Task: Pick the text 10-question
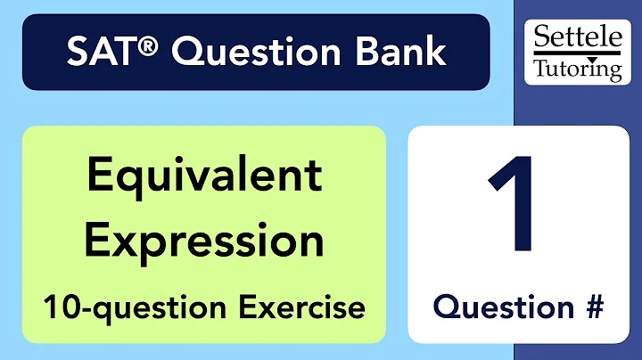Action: coord(127,307)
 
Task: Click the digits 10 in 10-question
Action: coord(56,307)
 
